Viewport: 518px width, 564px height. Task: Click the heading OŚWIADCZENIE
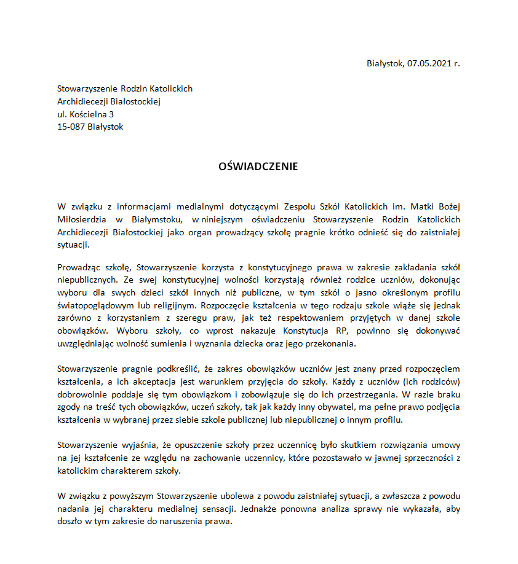click(258, 166)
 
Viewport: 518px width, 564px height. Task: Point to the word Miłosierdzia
click(81, 219)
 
